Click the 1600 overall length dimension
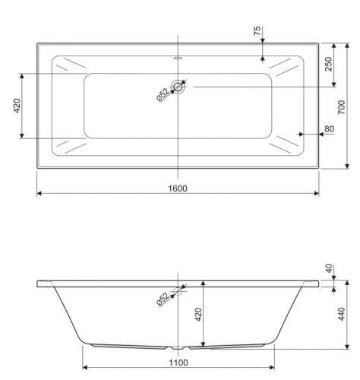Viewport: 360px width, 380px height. pos(178,188)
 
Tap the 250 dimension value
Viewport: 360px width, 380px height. pos(329,65)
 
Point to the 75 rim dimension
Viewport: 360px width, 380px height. pos(257,31)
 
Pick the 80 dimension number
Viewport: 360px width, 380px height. pos(329,129)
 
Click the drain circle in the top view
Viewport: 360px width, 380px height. pos(178,87)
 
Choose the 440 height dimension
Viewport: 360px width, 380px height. pos(343,314)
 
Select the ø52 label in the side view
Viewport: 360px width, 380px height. pos(162,298)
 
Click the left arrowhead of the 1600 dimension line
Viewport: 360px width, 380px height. pos(39,194)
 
